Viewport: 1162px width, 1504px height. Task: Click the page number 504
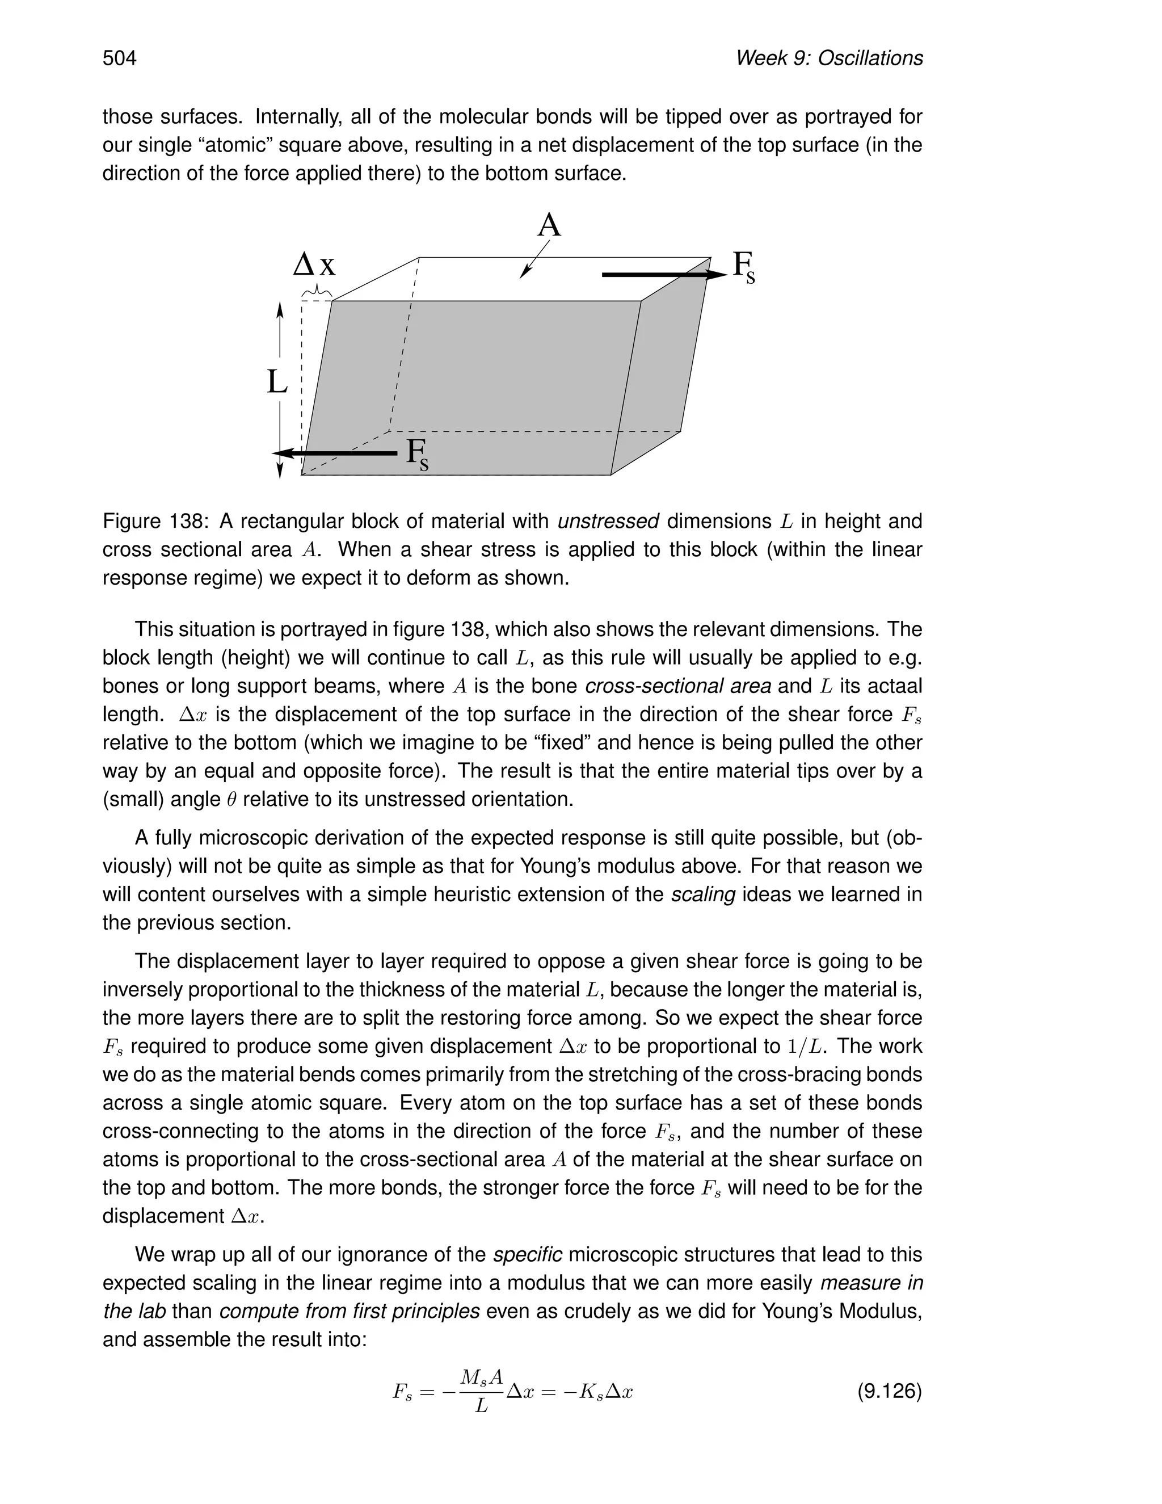(x=119, y=58)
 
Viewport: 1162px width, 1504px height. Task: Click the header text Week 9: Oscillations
(x=829, y=58)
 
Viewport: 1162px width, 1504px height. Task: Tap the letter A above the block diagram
(x=549, y=225)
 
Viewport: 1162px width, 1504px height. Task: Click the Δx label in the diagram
(x=314, y=264)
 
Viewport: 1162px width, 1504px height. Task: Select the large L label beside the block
(x=277, y=381)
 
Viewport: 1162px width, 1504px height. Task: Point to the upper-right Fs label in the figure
(x=743, y=267)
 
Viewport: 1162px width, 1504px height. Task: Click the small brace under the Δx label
(x=317, y=293)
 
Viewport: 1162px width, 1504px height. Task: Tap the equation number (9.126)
(x=889, y=1391)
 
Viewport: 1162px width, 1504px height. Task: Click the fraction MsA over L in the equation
(x=482, y=1392)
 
